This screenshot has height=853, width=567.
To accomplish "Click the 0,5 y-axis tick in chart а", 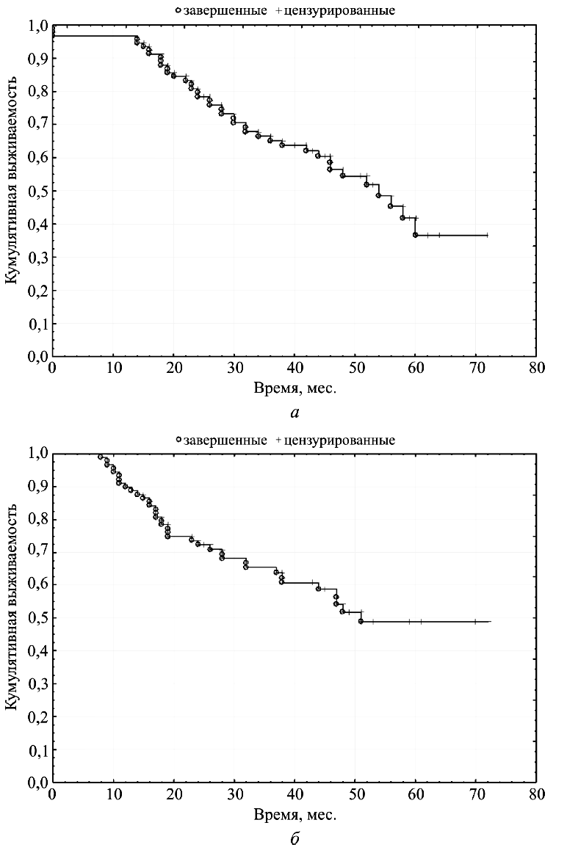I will pos(39,191).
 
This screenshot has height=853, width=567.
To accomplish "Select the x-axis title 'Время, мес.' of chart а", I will pos(295,388).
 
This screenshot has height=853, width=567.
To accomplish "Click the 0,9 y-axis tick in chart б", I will pos(39,486).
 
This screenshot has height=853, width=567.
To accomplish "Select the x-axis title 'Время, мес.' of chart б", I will pos(295,815).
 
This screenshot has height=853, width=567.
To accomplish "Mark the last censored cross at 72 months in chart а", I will pos(487,235).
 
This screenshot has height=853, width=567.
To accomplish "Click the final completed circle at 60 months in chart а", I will pos(416,235).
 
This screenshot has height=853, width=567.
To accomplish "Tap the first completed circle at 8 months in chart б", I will pos(101,457).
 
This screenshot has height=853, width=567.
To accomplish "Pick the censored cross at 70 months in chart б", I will pos(475,621).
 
